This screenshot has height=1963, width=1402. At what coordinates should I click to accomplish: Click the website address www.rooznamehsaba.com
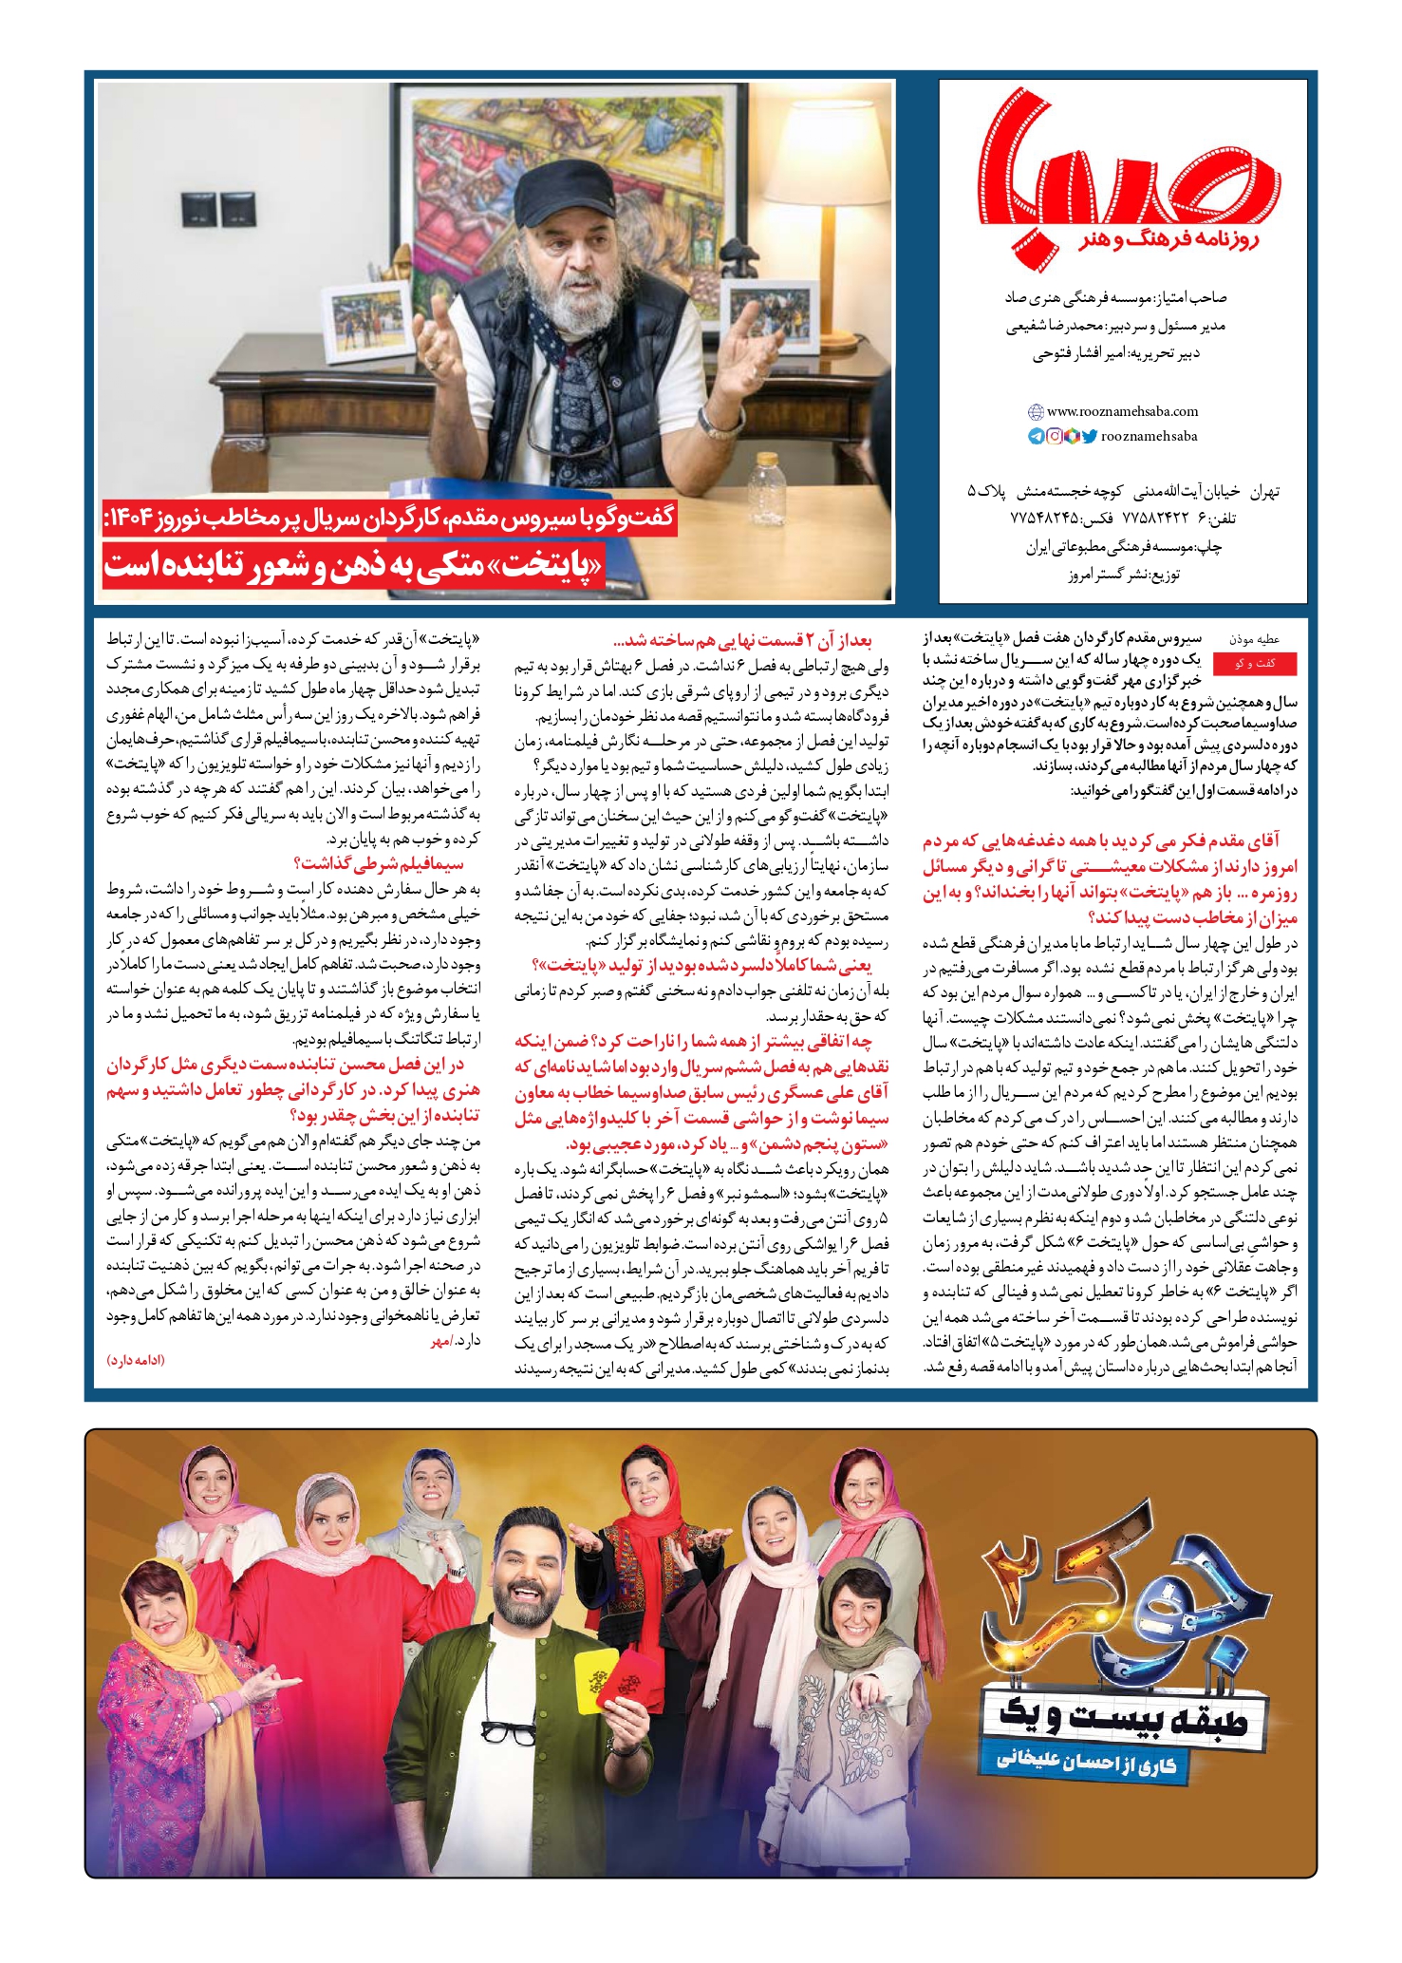click(x=1121, y=411)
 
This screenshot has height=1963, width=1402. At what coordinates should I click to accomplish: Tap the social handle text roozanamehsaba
click(x=1149, y=436)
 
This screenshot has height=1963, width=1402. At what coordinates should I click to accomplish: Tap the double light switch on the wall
click(x=218, y=211)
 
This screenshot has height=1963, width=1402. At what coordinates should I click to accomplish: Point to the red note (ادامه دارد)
click(x=136, y=1360)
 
